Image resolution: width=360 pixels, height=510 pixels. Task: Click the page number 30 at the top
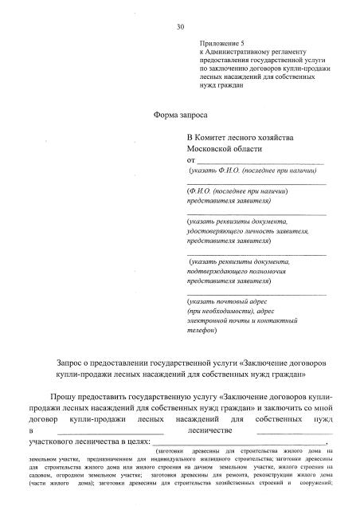181,26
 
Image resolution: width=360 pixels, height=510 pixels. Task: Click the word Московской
212,148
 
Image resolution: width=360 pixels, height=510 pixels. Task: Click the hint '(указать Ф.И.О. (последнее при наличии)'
253,171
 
